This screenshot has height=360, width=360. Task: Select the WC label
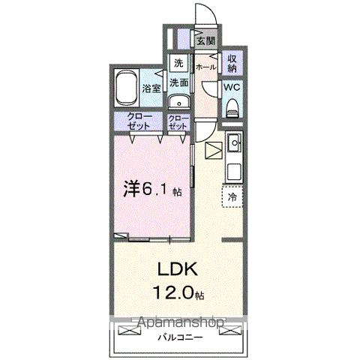pos(231,86)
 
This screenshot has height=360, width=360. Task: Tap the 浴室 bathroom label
pos(151,88)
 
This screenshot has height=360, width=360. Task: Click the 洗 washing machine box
pos(178,63)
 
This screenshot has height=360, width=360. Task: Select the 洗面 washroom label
pos(178,82)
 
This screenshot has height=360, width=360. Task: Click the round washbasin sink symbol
pos(177,103)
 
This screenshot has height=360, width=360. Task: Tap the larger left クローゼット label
pos(139,121)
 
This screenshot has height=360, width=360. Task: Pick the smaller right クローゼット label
pos(178,122)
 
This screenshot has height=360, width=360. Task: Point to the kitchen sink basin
pos(233,140)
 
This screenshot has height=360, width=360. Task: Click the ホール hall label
pos(205,67)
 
